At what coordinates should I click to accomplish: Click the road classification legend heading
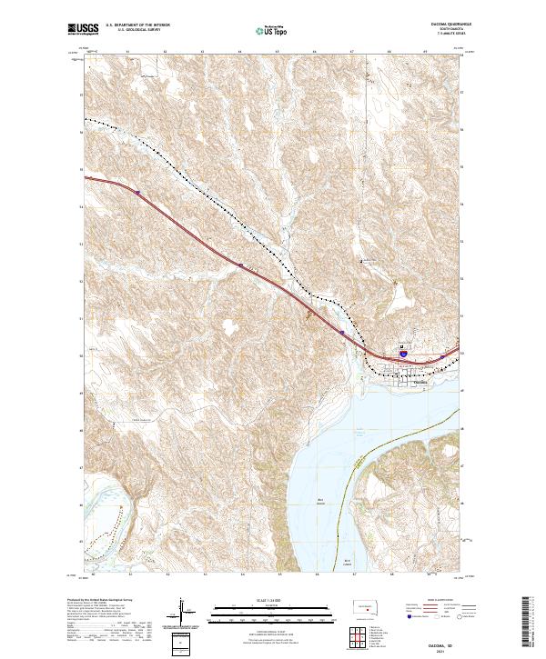coord(437,600)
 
